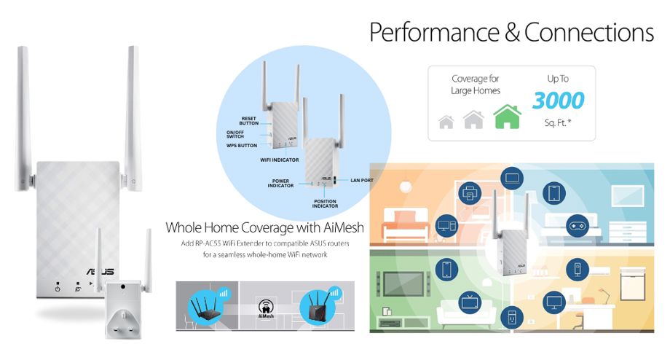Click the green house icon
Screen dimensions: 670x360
507,117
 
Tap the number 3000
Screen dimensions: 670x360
558,101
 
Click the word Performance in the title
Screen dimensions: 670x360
434,32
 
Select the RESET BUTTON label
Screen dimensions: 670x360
248,121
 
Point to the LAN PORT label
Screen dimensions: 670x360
362,181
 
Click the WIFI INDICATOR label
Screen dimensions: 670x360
280,160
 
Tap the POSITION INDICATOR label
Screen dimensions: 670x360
326,203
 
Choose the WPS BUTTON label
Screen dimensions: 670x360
242,145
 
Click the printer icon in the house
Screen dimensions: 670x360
470,193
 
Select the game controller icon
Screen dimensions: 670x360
578,226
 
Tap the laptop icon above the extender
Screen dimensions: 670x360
512,179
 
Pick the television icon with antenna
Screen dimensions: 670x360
470,302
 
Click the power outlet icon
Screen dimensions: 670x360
512,317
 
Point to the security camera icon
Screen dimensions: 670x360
578,270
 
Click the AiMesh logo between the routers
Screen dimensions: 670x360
266,309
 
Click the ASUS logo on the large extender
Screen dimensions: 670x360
100,271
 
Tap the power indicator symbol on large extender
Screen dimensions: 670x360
58,289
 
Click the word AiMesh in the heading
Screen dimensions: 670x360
344,227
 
